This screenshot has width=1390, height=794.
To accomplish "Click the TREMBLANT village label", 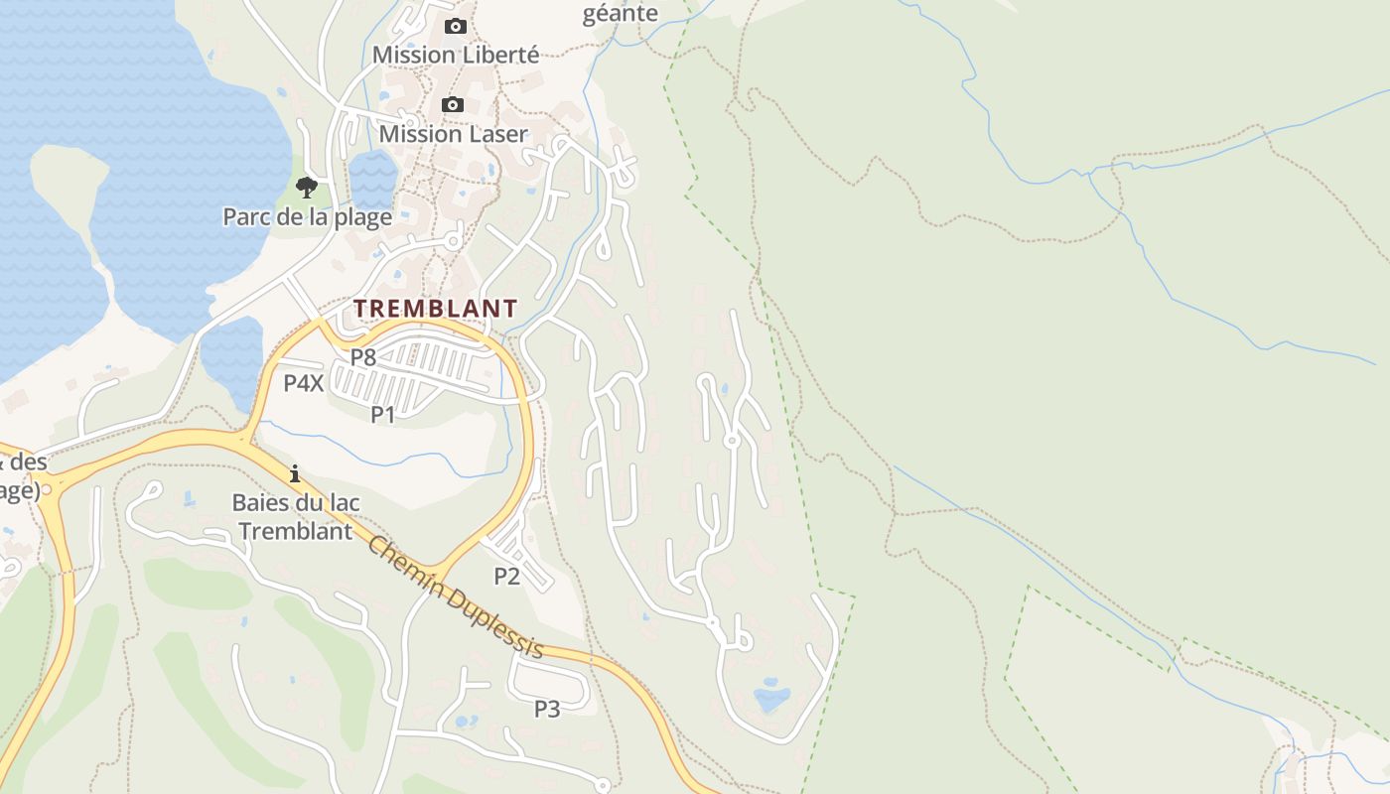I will pos(435,309).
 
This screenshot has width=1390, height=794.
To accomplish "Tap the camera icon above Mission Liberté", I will pos(456,26).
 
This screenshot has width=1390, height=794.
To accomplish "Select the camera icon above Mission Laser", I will pos(453,104).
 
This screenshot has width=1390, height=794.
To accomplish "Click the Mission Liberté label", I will pos(456,55).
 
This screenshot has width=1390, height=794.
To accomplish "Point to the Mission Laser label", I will pos(453,133).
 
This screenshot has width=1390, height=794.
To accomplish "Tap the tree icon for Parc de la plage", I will pos(307,187).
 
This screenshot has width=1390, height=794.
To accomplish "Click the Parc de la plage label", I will pos(307,216).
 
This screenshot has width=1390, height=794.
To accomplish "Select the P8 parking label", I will pos(363,357).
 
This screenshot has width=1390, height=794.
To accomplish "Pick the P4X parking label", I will pos(304,383).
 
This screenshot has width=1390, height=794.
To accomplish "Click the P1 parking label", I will pos(383,414).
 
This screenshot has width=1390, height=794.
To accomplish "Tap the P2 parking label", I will pos(507,576).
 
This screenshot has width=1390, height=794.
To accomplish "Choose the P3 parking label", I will pos(547,709).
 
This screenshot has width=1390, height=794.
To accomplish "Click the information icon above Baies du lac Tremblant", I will pos(295,473).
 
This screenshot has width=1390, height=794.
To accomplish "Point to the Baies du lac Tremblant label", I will pos(296,516).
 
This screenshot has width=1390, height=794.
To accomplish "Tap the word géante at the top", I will pos(621,13).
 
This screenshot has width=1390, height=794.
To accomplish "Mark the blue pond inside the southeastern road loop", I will pos(771,699).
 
